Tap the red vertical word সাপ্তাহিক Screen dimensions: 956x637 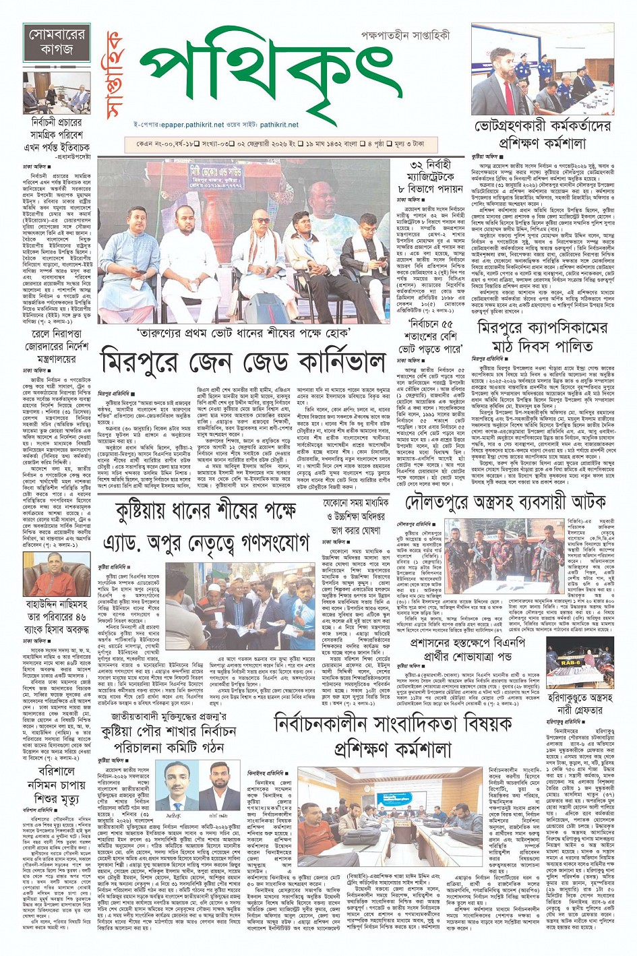[117, 74]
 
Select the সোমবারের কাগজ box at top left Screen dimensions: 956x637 [56, 41]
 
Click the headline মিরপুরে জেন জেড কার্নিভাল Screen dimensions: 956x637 [243, 363]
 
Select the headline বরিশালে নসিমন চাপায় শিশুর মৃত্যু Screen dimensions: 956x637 [56, 785]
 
